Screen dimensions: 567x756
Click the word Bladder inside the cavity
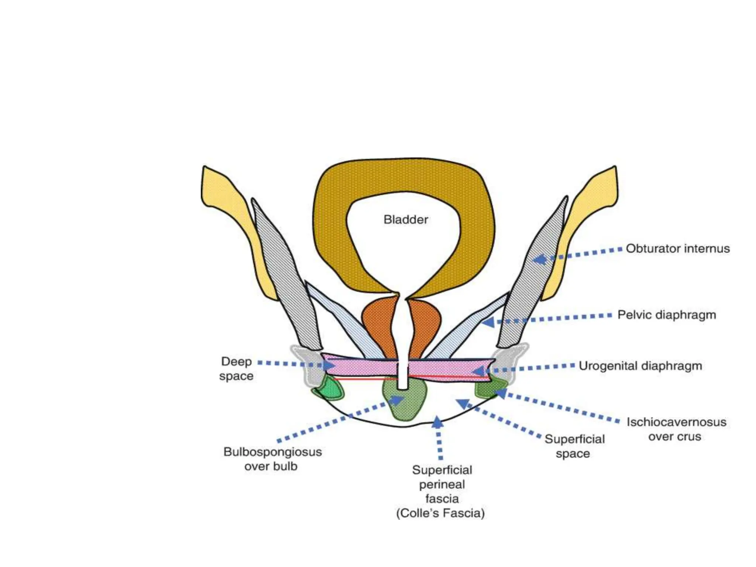pos(406,220)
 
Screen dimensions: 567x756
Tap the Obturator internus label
pos(678,248)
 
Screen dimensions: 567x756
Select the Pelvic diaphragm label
pos(667,315)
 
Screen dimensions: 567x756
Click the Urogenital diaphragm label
pos(640,366)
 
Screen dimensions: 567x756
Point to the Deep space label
pos(236,368)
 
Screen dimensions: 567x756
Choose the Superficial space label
pos(574,446)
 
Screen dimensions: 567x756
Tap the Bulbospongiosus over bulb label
pos(272,459)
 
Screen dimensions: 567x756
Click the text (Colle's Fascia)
pos(440,513)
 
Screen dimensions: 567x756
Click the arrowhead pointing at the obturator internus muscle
pos(540,260)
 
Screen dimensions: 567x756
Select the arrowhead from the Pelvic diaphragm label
pos(488,323)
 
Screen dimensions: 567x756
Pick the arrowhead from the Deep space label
pos(329,365)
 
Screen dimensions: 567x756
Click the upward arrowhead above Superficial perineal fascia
pos(437,422)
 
